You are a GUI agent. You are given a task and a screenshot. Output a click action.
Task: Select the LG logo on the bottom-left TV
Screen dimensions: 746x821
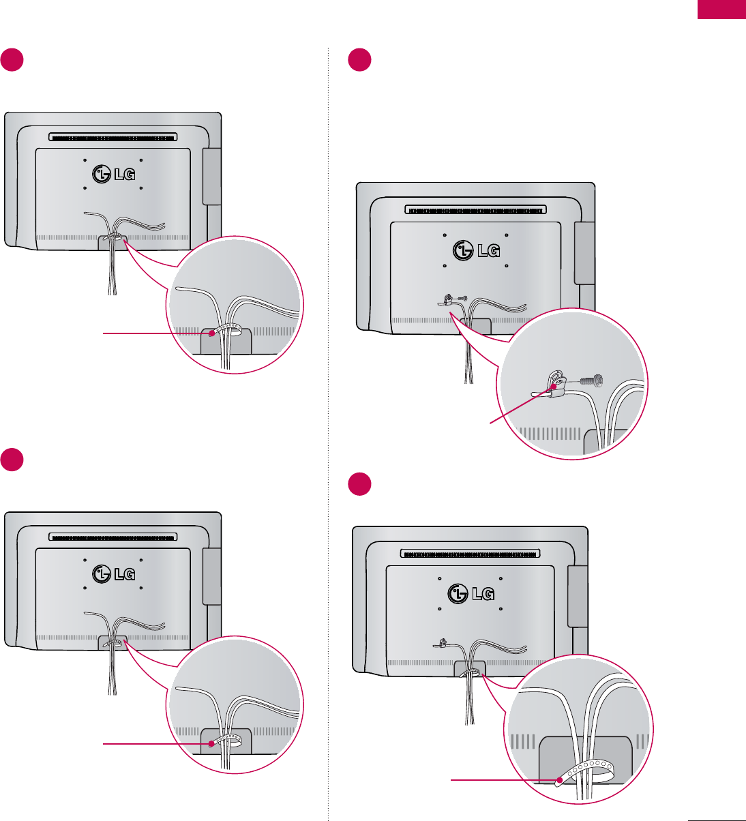(x=112, y=573)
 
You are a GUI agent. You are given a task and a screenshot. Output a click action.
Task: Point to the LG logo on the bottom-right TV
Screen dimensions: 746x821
(x=471, y=593)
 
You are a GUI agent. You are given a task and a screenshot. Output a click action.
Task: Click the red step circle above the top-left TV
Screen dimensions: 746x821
(x=12, y=60)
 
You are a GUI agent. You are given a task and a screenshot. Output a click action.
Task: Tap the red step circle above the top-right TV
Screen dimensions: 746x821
(x=359, y=60)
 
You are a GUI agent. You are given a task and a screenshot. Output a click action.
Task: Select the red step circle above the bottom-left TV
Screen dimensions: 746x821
(x=12, y=459)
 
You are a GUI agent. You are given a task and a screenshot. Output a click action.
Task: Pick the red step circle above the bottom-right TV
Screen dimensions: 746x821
(x=359, y=485)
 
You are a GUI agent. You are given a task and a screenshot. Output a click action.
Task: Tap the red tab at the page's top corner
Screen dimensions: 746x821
(x=721, y=10)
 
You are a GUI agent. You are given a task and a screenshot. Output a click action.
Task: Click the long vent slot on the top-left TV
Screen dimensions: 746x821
(x=113, y=137)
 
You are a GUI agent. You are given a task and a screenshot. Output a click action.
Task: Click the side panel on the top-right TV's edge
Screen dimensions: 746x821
(x=584, y=253)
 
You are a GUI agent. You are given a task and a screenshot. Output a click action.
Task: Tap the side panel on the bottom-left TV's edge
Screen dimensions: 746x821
(x=211, y=577)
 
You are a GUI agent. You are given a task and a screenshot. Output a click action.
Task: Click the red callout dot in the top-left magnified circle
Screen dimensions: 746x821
(x=212, y=333)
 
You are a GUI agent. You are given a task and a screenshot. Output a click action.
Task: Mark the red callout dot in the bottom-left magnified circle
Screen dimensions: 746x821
(x=212, y=745)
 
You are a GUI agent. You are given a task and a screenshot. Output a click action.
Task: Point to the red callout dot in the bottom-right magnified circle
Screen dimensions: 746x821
(x=559, y=779)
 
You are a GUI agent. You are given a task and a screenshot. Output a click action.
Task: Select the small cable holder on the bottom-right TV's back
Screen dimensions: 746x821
(x=441, y=642)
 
